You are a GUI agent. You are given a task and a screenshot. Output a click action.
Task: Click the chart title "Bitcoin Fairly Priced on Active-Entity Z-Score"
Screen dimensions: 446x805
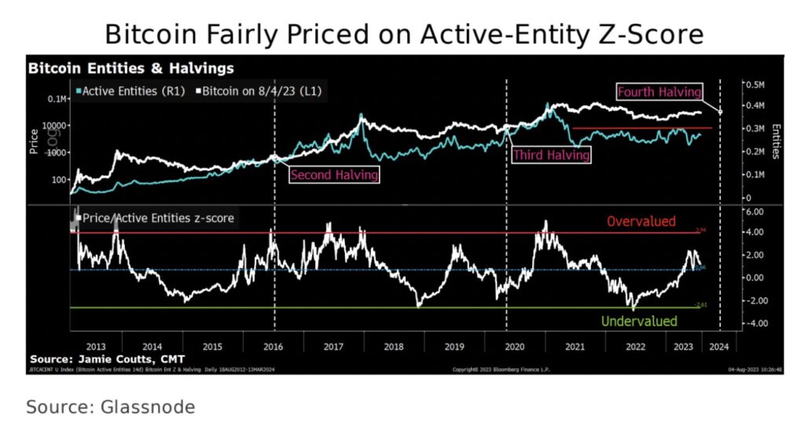tap(402, 35)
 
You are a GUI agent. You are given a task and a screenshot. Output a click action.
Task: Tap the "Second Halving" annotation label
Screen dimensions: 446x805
tap(334, 174)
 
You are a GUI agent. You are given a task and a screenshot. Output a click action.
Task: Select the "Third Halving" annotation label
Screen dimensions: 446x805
tap(550, 155)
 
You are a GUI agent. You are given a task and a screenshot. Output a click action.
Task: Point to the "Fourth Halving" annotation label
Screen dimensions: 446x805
tap(659, 92)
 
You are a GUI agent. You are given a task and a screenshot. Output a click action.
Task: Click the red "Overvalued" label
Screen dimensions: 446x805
tap(641, 221)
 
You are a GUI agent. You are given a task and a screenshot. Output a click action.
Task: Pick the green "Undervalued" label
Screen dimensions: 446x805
tap(638, 321)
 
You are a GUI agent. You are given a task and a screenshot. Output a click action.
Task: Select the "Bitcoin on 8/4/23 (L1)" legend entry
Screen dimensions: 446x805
tap(262, 91)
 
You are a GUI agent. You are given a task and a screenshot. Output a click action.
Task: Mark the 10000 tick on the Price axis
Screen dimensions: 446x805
tap(55, 126)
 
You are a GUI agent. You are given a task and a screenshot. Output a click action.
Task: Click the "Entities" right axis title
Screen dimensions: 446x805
tap(775, 141)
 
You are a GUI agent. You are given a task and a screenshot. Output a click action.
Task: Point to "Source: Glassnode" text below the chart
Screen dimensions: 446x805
tap(110, 408)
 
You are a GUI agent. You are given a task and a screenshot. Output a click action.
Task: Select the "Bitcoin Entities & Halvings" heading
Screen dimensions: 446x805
tap(130, 68)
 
